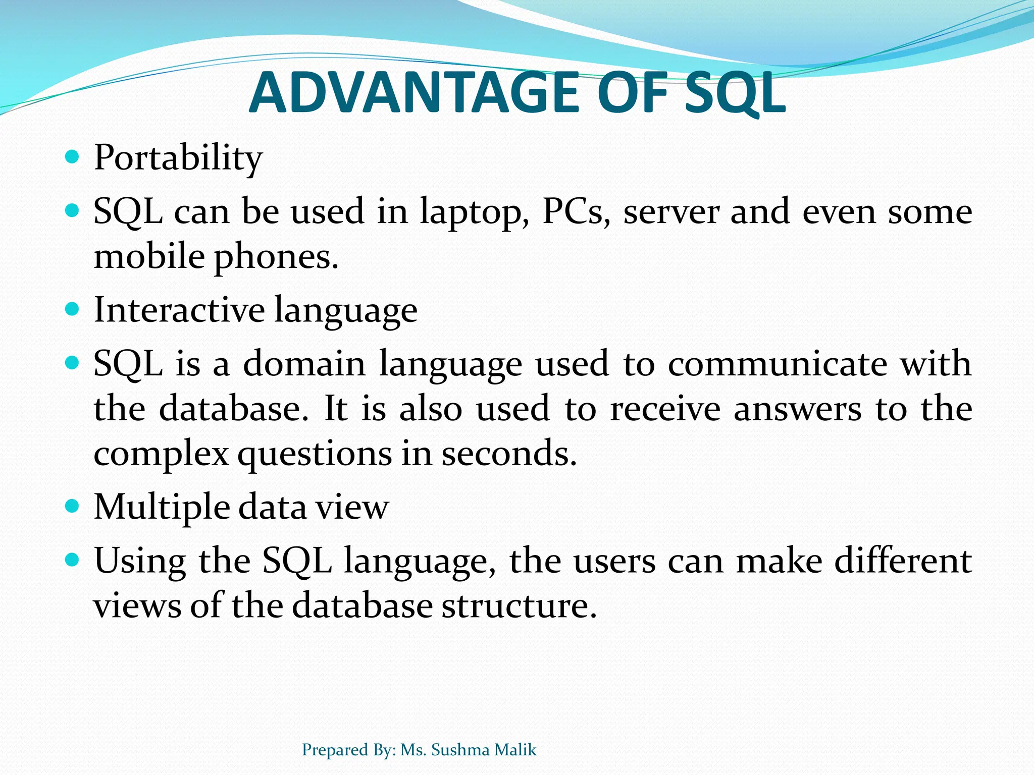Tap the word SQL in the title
pyautogui.click(x=735, y=93)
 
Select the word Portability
pyautogui.click(x=178, y=157)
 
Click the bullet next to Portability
pyautogui.click(x=73, y=157)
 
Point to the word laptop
pyautogui.click(x=475, y=212)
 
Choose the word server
pyautogui.click(x=671, y=212)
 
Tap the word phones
pyautogui.click(x=276, y=257)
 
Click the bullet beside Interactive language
pyautogui.click(x=73, y=308)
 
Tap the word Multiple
pyautogui.click(x=162, y=507)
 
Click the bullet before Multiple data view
pyautogui.click(x=73, y=506)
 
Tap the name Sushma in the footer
pyautogui.click(x=460, y=750)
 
